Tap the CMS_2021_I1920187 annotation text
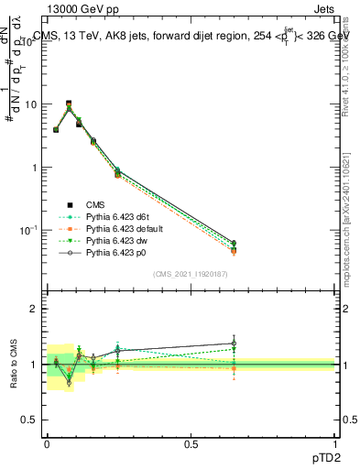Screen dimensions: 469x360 pyautogui.click(x=191, y=275)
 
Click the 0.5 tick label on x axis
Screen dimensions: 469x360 pyautogui.click(x=191, y=442)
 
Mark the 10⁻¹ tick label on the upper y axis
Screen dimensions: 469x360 pyautogui.click(x=29, y=230)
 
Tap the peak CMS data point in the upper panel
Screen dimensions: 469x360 pyautogui.click(x=69, y=104)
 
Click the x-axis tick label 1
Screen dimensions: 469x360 pyautogui.click(x=334, y=442)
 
